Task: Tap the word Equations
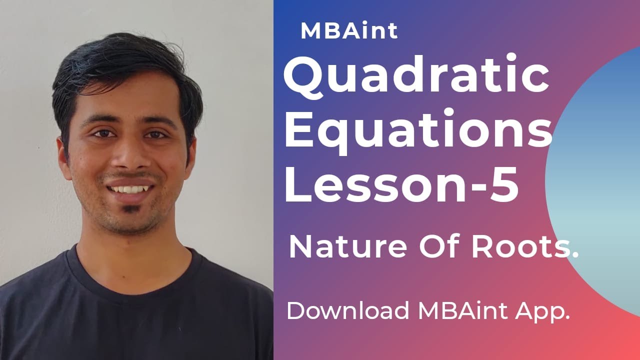418,131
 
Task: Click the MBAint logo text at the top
349,31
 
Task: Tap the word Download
347,311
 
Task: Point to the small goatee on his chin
131,209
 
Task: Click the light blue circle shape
600,180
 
